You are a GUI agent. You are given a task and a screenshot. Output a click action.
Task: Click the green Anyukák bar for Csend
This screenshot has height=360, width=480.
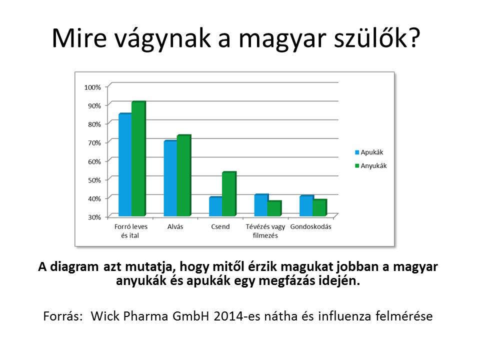[229, 194]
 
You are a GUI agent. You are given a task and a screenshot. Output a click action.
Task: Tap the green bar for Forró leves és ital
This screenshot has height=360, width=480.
[138, 158]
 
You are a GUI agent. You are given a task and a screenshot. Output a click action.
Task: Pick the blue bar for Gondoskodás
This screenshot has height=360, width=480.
[306, 205]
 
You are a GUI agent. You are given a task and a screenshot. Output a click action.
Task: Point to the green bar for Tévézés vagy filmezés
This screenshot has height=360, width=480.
[274, 208]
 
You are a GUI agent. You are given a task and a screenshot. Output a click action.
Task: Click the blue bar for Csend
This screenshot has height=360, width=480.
[216, 206]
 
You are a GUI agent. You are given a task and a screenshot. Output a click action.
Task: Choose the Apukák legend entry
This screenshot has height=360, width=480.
[369, 152]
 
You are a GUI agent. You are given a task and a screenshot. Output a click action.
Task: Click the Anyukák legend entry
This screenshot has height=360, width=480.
[370, 165]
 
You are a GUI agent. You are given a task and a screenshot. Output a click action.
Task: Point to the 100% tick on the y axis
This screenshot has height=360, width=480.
[92, 87]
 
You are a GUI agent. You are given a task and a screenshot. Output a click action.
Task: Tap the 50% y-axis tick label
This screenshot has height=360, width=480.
[94, 180]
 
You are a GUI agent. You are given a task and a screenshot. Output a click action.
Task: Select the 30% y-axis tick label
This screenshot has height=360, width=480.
[94, 217]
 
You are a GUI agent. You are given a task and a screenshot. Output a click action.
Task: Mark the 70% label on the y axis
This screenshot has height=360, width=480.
[94, 142]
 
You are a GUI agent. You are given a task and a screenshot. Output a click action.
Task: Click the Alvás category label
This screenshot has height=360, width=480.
[175, 227]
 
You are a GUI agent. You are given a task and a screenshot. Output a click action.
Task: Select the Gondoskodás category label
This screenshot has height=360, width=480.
[310, 227]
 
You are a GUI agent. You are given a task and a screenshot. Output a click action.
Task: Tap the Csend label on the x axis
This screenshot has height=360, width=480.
[220, 227]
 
